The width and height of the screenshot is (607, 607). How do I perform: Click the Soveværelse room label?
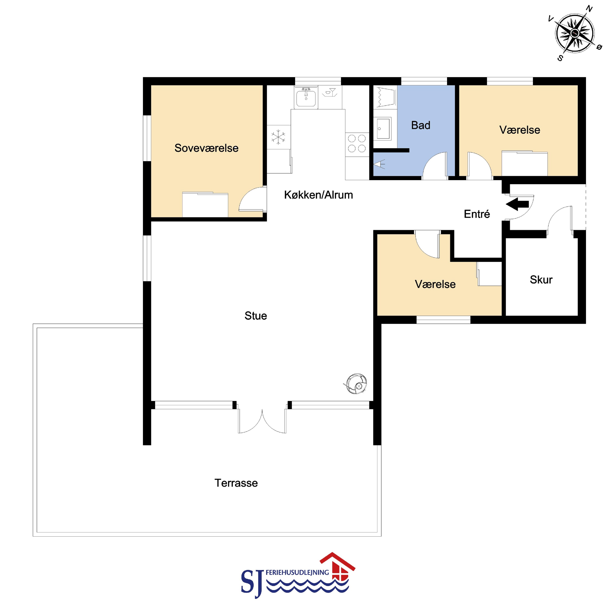point(206,148)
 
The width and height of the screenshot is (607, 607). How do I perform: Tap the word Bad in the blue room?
point(421,125)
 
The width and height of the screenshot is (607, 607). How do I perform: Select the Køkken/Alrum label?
point(319,195)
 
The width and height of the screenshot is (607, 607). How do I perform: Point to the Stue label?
point(256,316)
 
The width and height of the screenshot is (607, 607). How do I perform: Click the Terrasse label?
point(236,483)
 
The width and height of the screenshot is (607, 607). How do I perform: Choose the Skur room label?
point(541,280)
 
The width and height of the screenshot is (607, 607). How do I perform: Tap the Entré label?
point(477,214)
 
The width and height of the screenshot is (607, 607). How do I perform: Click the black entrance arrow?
point(517,204)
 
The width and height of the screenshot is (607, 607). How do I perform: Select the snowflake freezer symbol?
point(278,137)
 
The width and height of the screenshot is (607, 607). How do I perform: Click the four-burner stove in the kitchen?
point(357,143)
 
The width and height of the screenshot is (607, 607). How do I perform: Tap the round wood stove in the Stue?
point(356,384)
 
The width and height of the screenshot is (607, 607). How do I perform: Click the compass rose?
point(575,33)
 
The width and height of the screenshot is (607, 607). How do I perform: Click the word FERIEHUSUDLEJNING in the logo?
point(297,573)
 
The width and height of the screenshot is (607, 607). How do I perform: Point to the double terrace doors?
point(262,419)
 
